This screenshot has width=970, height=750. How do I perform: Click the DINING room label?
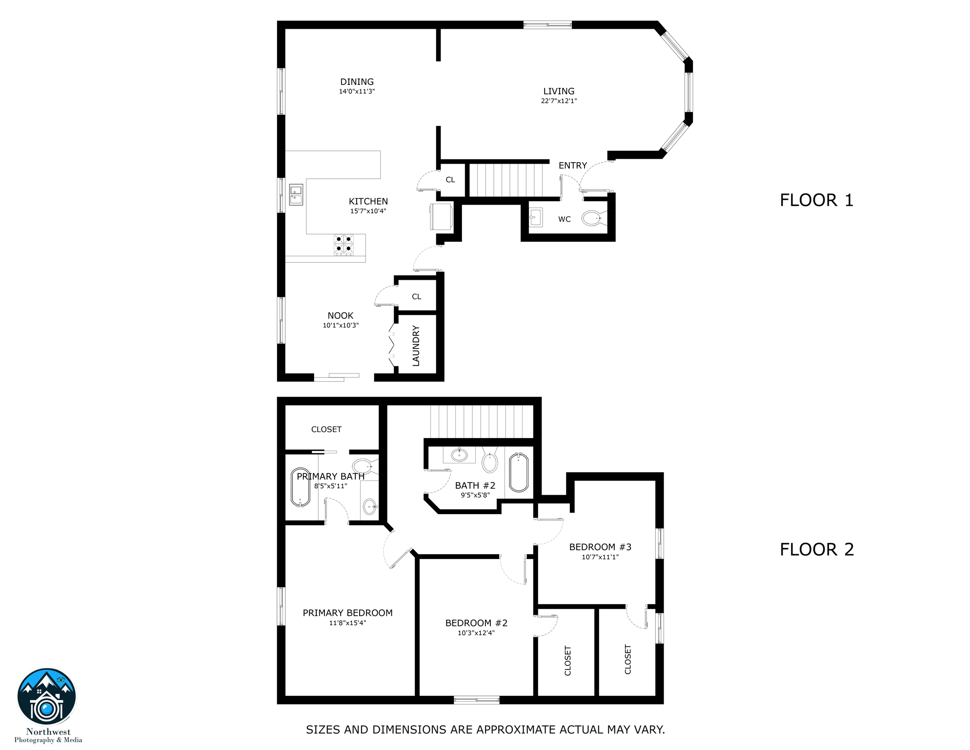pyautogui.click(x=357, y=82)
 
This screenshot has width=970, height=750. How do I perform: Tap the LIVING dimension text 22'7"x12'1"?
pyautogui.click(x=559, y=101)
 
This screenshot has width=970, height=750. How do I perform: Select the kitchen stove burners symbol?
pyautogui.click(x=344, y=244)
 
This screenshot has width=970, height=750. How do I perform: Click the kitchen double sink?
pyautogui.click(x=296, y=194)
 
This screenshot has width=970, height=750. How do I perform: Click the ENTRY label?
pyautogui.click(x=572, y=166)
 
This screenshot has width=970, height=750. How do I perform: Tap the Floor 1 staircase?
pyautogui.click(x=505, y=180)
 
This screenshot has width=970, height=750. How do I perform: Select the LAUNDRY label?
pyautogui.click(x=416, y=346)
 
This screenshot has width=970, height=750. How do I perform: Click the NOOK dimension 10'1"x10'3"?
pyautogui.click(x=341, y=325)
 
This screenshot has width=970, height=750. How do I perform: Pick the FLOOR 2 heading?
pyautogui.click(x=816, y=549)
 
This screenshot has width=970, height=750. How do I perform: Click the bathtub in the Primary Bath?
pyautogui.click(x=300, y=487)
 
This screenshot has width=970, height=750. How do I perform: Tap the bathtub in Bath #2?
pyautogui.click(x=519, y=472)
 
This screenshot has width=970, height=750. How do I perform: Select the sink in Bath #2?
pyautogui.click(x=459, y=455)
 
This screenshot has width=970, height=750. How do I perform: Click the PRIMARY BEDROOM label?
pyautogui.click(x=347, y=613)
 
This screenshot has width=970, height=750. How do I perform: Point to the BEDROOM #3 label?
pyautogui.click(x=600, y=547)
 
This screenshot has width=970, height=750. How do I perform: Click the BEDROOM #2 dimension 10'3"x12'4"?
pyautogui.click(x=476, y=633)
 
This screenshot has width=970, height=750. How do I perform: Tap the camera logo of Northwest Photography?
pyautogui.click(x=47, y=697)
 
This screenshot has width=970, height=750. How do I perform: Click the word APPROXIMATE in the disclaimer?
pyautogui.click(x=517, y=729)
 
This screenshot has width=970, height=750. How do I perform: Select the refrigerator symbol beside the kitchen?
pyautogui.click(x=442, y=217)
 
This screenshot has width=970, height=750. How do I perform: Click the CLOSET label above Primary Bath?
pyautogui.click(x=326, y=429)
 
